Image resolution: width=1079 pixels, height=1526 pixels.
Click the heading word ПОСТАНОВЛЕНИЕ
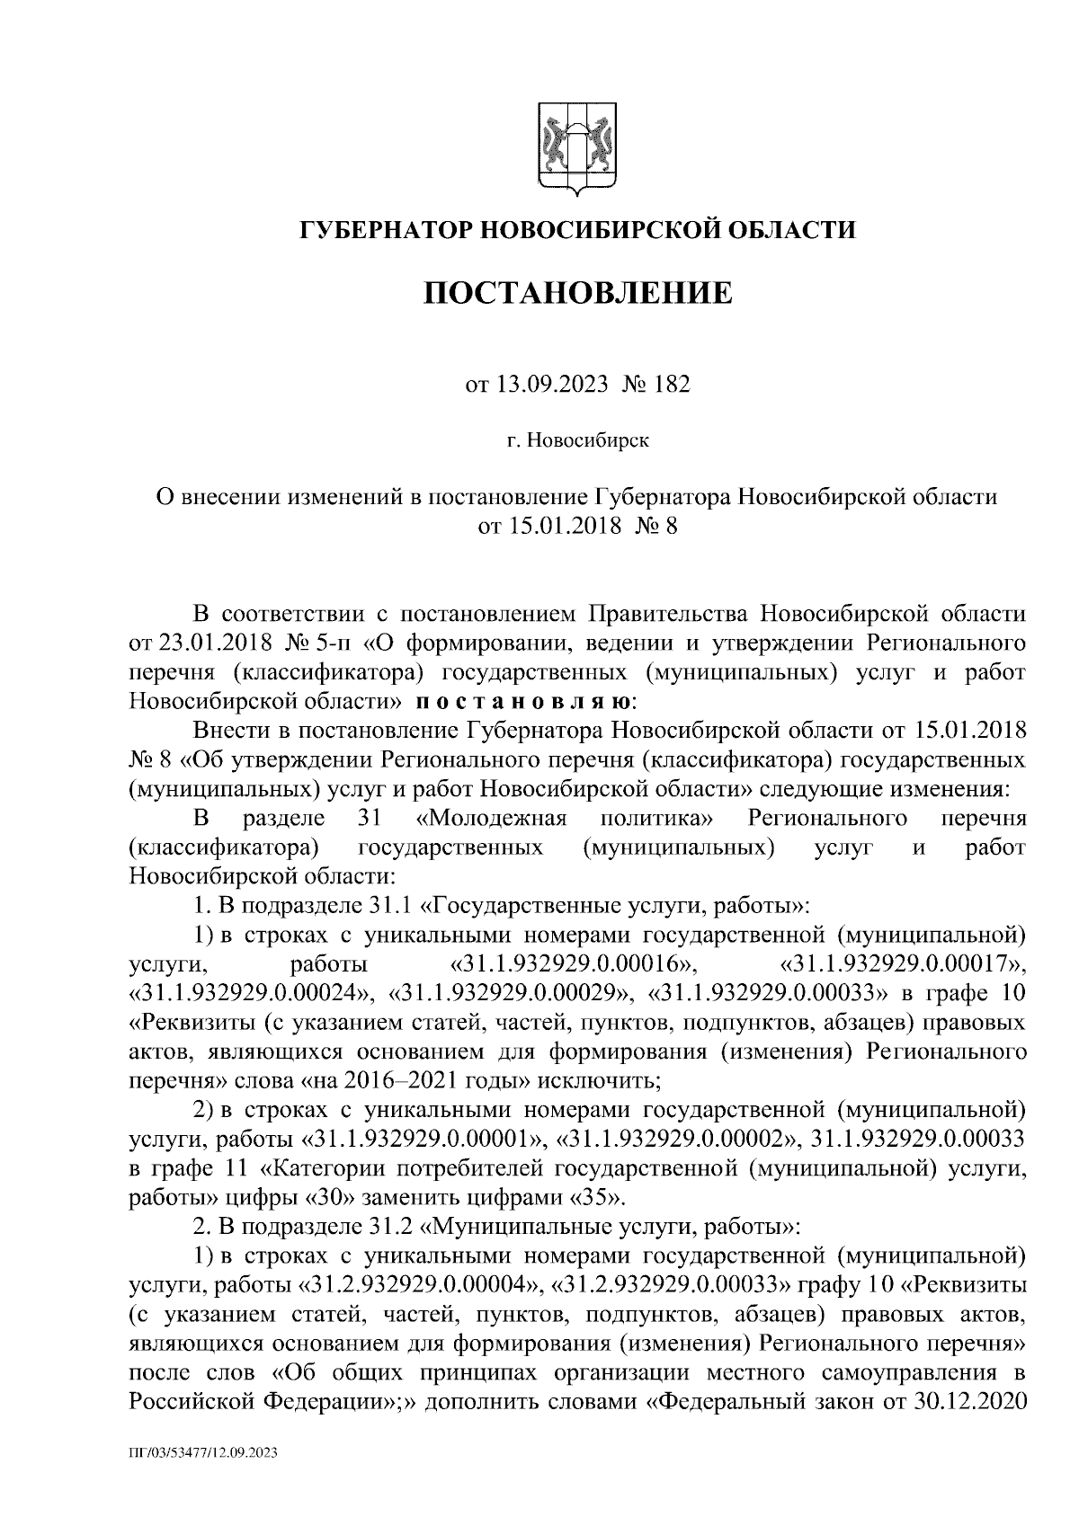[x=577, y=293]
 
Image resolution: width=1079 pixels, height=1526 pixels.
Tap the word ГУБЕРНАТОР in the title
[x=384, y=230]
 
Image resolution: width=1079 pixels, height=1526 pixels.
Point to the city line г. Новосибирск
[x=576, y=440]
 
